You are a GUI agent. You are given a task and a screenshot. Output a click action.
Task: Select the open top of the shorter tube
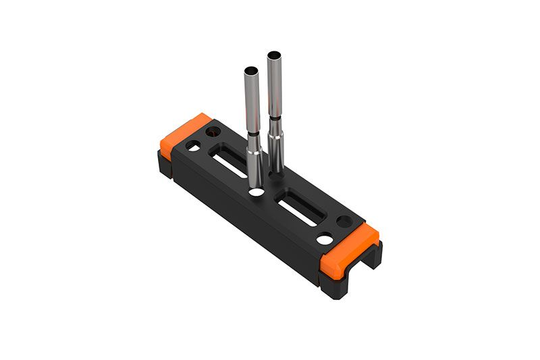pyautogui.click(x=250, y=70)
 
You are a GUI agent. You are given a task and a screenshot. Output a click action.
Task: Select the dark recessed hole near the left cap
pyautogui.click(x=214, y=130)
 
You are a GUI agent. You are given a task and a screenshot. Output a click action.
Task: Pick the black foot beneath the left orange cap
pyautogui.click(x=163, y=166)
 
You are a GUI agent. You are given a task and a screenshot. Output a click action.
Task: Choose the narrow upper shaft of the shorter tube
pyautogui.click(x=250, y=101)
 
